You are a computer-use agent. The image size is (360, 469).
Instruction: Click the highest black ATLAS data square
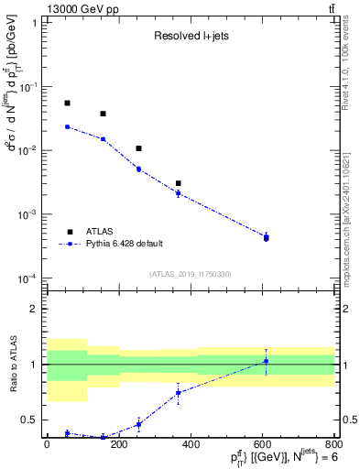[x=67, y=104]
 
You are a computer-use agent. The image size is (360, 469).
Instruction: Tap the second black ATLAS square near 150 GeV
[x=103, y=114]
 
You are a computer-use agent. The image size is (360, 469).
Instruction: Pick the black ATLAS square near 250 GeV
[x=138, y=148]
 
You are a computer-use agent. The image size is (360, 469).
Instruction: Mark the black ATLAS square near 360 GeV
[x=178, y=183]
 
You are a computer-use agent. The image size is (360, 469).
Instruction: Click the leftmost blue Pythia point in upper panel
[x=67, y=126]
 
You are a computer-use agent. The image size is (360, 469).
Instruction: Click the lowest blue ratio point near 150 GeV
[x=103, y=437]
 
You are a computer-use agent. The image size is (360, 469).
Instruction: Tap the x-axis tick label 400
[x=190, y=444]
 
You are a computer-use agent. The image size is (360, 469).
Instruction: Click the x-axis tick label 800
[x=333, y=444]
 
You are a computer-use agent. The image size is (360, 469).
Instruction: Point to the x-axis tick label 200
[x=118, y=444]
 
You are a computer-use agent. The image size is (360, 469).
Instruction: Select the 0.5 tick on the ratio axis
[x=31, y=420]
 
